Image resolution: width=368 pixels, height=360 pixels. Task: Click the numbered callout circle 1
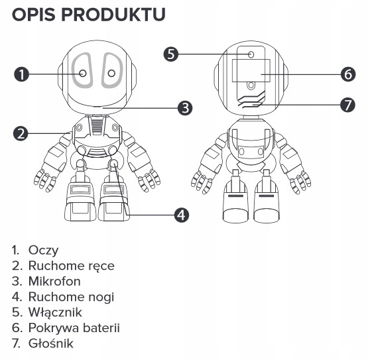tap(22, 74)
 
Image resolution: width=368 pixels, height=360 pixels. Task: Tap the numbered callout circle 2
tap(22, 133)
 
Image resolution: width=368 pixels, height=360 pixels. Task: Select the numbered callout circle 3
tap(185, 107)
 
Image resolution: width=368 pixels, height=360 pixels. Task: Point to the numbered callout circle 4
tap(180, 214)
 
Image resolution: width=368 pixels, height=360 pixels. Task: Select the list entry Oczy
tap(42, 251)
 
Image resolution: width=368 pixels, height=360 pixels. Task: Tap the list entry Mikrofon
tap(54, 281)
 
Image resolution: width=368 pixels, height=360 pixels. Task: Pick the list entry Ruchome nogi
tap(70, 297)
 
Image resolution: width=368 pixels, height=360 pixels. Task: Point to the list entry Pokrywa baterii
tap(74, 328)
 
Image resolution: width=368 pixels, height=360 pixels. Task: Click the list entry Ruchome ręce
tap(71, 266)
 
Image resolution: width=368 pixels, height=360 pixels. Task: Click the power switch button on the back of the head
tap(251, 54)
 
